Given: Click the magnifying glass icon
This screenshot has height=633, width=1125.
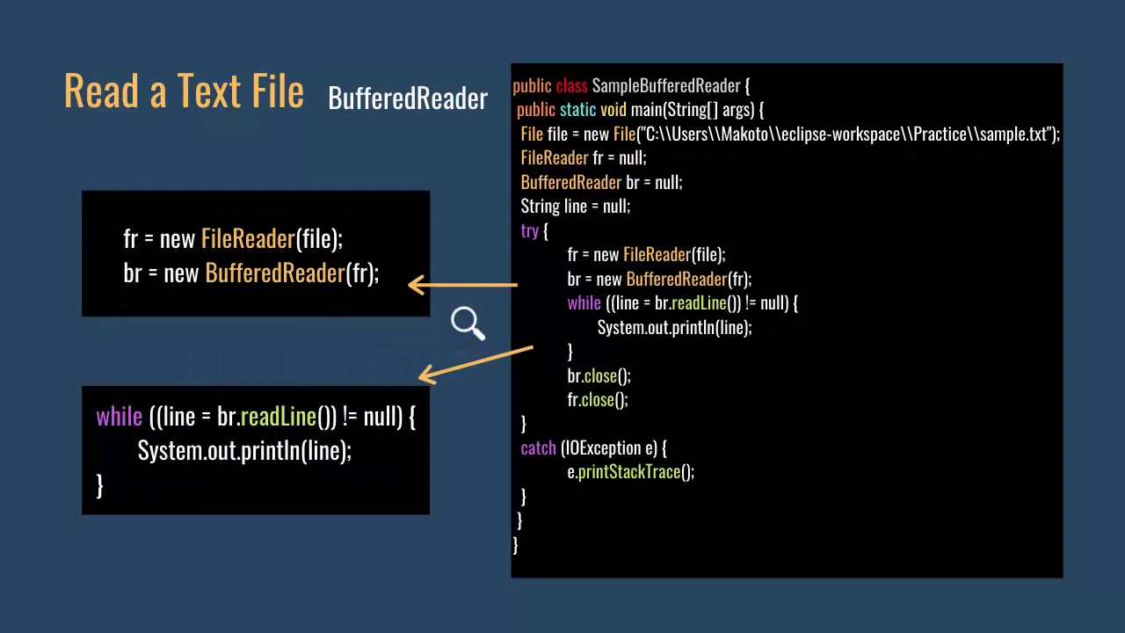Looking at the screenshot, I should coord(467,323).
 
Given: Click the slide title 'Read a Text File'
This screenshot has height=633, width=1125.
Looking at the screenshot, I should coord(184,91).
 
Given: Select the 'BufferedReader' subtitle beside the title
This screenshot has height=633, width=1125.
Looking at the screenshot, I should coord(407,98).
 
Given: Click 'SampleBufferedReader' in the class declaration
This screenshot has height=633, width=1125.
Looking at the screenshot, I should coord(665,86).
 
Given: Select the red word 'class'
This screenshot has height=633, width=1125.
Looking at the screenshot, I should coord(571,86).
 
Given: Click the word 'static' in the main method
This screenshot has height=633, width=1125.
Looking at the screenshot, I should coord(577,110).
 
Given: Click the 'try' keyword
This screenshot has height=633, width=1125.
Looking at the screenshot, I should coord(529,231).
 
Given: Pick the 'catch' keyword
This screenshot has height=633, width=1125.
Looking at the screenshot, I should coord(538,448).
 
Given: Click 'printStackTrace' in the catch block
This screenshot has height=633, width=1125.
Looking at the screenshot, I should coord(628,472).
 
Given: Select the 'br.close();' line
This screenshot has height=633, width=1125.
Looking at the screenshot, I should coord(599,376).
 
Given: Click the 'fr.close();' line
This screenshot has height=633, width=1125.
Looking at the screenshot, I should coord(597,400).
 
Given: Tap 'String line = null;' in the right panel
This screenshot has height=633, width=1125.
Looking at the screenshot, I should coord(575,207).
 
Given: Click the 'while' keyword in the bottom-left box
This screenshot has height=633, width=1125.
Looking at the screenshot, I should coord(119,417).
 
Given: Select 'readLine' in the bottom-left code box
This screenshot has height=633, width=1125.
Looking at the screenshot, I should coord(278,417).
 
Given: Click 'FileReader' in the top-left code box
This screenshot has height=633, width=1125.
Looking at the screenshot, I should coord(248,239).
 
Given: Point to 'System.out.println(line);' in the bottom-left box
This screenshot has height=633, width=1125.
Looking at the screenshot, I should coord(244,451).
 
